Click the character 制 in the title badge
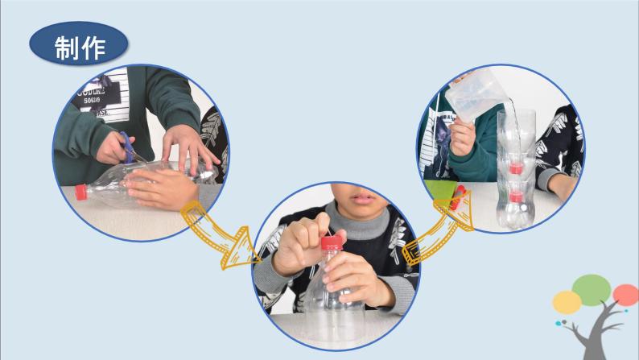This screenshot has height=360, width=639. [x=67, y=48]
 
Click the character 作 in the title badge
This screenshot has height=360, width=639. [x=93, y=48]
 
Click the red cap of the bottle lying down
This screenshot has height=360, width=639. [x=81, y=192]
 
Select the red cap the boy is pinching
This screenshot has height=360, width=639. [x=332, y=243]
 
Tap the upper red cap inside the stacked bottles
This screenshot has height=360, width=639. [x=516, y=168]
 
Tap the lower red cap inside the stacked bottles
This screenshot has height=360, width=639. [x=516, y=197]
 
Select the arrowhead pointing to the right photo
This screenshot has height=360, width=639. [x=459, y=209]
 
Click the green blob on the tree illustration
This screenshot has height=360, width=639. [x=592, y=290]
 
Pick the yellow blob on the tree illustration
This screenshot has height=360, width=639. [x=567, y=302]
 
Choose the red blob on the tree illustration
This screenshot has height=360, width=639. [x=625, y=295]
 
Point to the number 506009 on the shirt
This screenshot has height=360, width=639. [x=92, y=101]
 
